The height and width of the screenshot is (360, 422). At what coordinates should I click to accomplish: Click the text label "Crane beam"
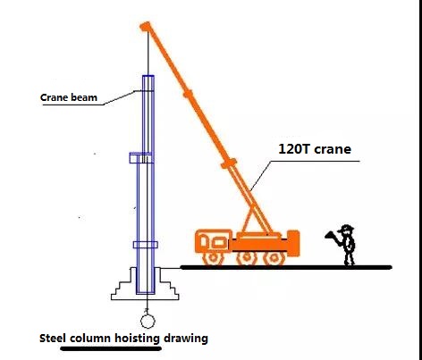(69, 97)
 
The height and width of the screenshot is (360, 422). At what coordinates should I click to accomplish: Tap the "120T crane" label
(315, 149)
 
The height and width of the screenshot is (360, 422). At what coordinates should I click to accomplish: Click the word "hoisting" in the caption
(138, 339)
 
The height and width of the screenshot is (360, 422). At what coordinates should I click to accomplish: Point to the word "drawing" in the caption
(186, 339)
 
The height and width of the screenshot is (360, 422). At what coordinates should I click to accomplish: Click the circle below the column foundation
(148, 322)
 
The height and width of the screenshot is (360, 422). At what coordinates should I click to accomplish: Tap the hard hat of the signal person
(346, 229)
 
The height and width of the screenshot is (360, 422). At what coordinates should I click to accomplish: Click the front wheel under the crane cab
(214, 257)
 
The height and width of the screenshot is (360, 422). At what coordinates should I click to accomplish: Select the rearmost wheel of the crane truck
(274, 258)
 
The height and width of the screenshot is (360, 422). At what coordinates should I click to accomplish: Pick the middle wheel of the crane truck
(247, 258)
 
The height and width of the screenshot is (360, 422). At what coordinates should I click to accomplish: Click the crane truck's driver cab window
(219, 242)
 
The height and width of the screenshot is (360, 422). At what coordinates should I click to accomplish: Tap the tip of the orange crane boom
(145, 26)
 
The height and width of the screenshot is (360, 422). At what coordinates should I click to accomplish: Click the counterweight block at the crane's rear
(293, 242)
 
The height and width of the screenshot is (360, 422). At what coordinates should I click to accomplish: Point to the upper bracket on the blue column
(140, 158)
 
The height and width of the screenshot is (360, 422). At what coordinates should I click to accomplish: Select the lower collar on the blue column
(146, 245)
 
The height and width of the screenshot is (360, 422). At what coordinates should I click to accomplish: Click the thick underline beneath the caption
(111, 348)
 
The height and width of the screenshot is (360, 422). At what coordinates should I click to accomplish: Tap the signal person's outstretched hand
(329, 235)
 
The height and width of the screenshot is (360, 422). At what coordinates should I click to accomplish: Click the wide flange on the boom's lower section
(229, 163)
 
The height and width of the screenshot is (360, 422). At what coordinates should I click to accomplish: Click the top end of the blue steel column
(148, 76)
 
